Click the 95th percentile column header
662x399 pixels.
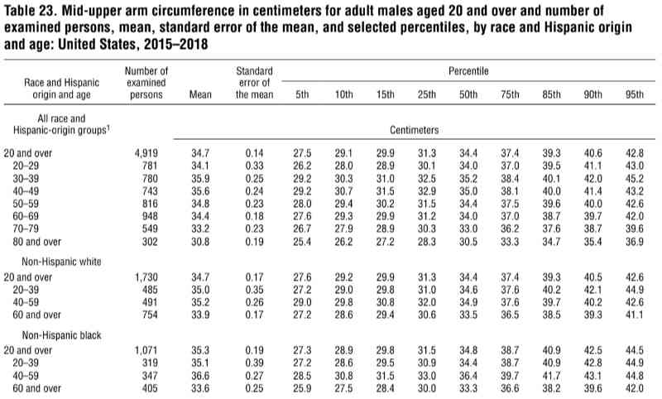coord(635,94)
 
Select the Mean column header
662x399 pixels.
coord(200,94)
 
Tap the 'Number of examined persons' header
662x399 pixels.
coord(146,83)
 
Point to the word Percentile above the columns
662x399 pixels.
coord(468,71)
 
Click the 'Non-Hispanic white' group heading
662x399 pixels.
coord(61,262)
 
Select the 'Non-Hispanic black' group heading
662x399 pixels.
coord(61,335)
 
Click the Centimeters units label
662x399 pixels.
coord(414,130)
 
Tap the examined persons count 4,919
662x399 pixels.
coord(146,153)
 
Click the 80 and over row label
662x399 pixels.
coord(36,242)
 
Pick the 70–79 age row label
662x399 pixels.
coord(26,228)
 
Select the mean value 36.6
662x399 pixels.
coord(200,375)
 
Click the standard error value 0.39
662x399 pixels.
coord(254,363)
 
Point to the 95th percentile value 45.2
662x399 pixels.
coord(635,179)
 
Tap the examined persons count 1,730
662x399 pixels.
coord(146,277)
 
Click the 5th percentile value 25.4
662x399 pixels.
coord(302,242)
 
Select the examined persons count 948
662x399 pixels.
coord(150,216)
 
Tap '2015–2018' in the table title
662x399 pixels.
coord(175,44)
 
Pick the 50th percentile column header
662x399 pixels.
coord(468,94)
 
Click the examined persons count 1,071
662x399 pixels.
coord(146,350)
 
